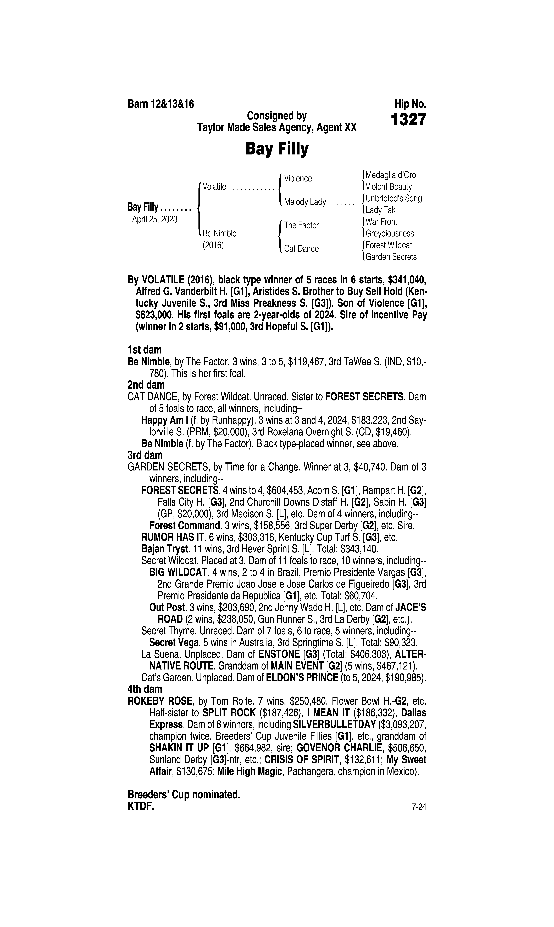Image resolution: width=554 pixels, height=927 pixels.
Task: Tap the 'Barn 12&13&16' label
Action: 161,104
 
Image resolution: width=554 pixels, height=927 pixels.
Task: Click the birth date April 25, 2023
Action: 155,219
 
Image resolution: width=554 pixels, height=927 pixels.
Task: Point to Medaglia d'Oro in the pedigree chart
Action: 390,175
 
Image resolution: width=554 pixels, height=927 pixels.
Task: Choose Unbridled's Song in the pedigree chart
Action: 394,198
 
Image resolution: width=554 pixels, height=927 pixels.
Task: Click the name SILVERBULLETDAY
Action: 334,725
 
